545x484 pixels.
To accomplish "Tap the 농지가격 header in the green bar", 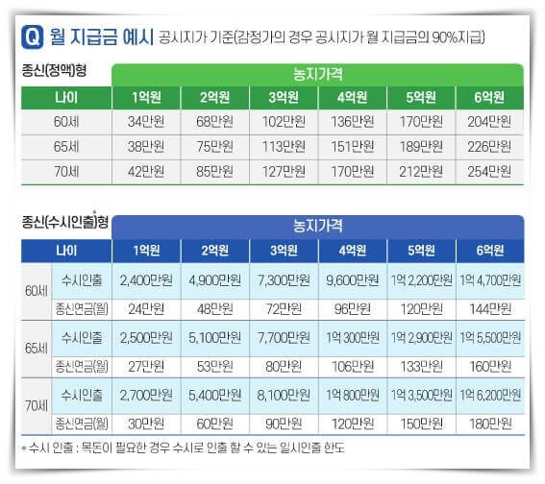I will [318, 74].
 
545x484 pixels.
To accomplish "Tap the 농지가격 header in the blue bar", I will [318, 226].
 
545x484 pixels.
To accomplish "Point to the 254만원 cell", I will [491, 171].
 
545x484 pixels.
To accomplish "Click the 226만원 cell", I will [491, 147].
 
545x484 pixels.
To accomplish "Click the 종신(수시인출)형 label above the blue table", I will [63, 223].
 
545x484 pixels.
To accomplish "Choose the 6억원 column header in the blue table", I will [491, 251].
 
